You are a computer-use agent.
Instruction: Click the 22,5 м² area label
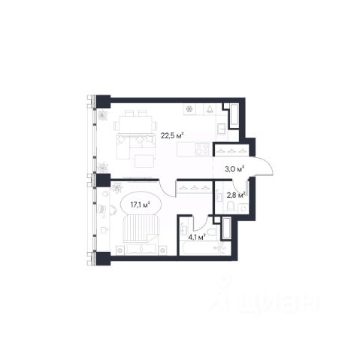(x=172, y=135)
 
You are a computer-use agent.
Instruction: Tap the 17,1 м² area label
(x=140, y=205)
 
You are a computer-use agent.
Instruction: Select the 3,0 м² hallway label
(x=234, y=169)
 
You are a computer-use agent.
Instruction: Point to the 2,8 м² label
(x=235, y=195)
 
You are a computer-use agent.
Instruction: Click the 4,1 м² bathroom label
(x=198, y=237)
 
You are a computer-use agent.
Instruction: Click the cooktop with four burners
(x=202, y=149)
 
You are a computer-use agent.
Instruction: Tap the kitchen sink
(x=222, y=129)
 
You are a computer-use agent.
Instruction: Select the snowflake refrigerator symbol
(x=189, y=109)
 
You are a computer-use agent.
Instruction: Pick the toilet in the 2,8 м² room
(x=230, y=206)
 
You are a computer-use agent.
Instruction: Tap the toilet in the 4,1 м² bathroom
(x=212, y=232)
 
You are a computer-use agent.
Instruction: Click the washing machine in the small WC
(x=243, y=208)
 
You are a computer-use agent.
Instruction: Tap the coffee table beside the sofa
(x=144, y=161)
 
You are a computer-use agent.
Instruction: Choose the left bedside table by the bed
(x=120, y=250)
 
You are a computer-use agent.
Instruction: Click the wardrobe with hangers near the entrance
(x=231, y=150)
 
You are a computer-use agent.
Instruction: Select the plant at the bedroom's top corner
(x=116, y=188)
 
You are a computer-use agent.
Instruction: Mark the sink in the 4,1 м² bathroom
(x=184, y=229)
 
